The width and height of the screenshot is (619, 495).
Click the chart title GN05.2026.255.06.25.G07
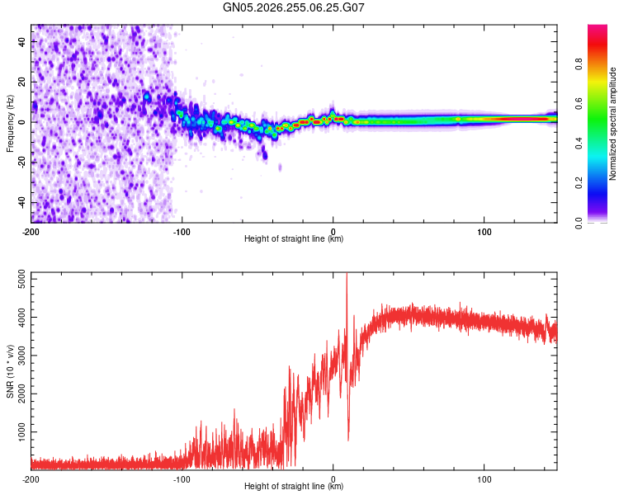(x=293, y=7)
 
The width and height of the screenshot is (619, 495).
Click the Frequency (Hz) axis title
(x=10, y=124)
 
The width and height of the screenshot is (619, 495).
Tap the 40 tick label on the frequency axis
(x=21, y=42)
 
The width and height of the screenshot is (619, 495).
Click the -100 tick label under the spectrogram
(x=182, y=232)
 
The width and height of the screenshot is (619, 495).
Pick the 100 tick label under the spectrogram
(x=484, y=232)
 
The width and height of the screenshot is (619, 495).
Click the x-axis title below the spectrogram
(x=294, y=238)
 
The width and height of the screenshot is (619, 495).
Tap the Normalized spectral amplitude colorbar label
(x=612, y=124)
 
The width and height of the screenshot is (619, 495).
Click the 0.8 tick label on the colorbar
(x=579, y=64)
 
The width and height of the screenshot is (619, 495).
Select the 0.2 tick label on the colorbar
(x=579, y=183)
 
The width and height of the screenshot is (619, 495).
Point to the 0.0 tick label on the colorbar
(x=579, y=223)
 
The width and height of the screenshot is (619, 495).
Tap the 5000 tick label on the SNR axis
(x=21, y=280)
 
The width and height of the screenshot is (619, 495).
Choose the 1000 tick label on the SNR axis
(x=21, y=431)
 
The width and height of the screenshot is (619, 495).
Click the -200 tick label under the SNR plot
(x=31, y=479)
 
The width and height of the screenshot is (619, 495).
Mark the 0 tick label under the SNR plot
(x=333, y=479)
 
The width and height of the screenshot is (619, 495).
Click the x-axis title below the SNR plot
(x=294, y=486)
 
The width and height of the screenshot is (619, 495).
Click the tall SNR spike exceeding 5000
(x=347, y=300)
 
